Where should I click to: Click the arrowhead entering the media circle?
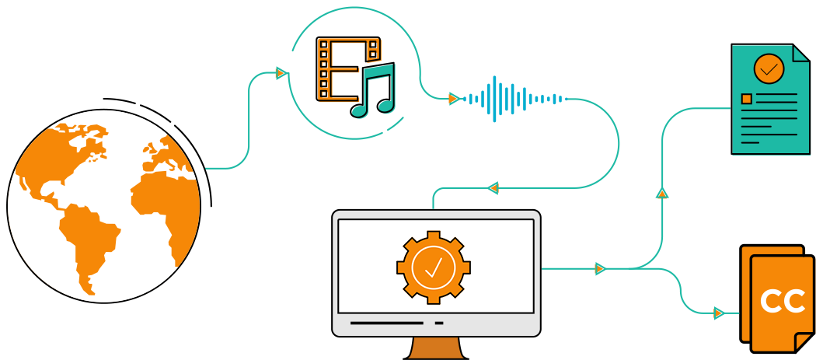click(x=281, y=73)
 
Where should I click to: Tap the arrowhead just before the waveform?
click(x=454, y=99)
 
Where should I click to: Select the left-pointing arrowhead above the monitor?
click(x=493, y=187)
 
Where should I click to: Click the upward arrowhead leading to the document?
click(x=662, y=192)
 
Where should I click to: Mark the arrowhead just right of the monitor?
click(x=600, y=269)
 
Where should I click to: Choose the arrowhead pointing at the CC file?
click(x=719, y=313)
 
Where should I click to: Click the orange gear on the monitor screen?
click(x=434, y=267)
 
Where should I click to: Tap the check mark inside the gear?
click(x=434, y=267)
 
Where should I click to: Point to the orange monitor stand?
click(x=437, y=348)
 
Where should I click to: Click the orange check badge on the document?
click(x=769, y=68)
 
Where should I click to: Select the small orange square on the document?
click(x=747, y=100)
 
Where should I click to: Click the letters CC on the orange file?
click(x=782, y=301)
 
